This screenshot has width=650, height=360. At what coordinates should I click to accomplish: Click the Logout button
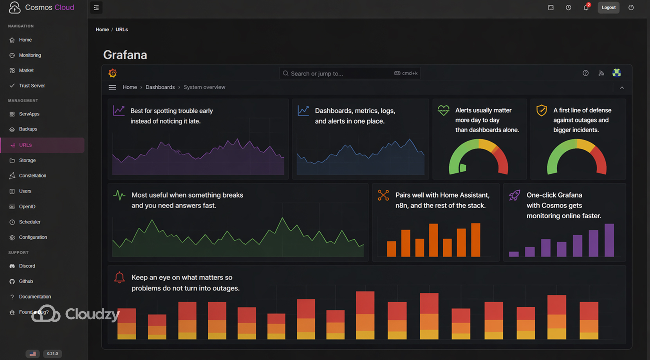pyautogui.click(x=608, y=7)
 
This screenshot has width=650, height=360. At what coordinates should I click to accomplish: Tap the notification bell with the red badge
pyautogui.click(x=586, y=7)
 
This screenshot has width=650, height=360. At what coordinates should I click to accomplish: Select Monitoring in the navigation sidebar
pyautogui.click(x=30, y=55)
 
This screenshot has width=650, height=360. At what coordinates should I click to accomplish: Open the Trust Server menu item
pyautogui.click(x=32, y=86)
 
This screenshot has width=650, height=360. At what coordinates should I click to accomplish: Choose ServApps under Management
pyautogui.click(x=29, y=114)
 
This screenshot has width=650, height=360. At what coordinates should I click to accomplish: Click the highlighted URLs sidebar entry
pyautogui.click(x=25, y=145)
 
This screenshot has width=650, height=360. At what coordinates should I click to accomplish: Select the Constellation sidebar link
pyautogui.click(x=32, y=176)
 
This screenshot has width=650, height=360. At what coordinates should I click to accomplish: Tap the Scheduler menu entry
pyautogui.click(x=30, y=222)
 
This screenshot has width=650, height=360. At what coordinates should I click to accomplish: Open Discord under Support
pyautogui.click(x=27, y=266)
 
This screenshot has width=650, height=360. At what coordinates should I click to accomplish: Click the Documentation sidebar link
pyautogui.click(x=35, y=297)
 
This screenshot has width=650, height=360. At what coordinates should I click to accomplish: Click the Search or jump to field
pyautogui.click(x=341, y=74)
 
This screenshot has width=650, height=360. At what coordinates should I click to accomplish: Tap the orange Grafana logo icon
pyautogui.click(x=112, y=73)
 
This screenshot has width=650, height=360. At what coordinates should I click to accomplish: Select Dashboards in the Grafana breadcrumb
pyautogui.click(x=160, y=87)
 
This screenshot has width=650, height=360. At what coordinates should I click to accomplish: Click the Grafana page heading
pyautogui.click(x=125, y=55)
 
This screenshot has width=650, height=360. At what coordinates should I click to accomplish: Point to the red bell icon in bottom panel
pyautogui.click(x=119, y=277)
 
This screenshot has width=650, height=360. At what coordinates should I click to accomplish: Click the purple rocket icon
pyautogui.click(x=514, y=195)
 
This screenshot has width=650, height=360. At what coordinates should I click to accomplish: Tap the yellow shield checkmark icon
pyautogui.click(x=542, y=110)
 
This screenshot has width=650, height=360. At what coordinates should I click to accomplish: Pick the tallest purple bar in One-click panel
pyautogui.click(x=609, y=240)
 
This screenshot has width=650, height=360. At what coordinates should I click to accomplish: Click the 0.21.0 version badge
pyautogui.click(x=52, y=354)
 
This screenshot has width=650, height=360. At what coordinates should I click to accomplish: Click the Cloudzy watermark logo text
pyautogui.click(x=92, y=314)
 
